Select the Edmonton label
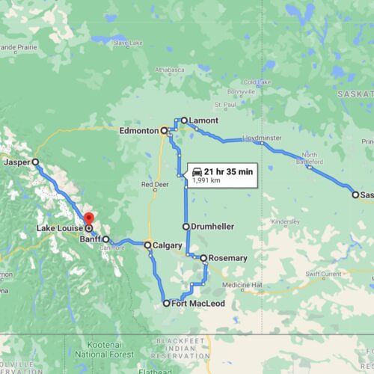[138, 130]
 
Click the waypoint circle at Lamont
[183, 120]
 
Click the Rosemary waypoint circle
[203, 258]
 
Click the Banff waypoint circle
[106, 240]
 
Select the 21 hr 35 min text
[230, 171]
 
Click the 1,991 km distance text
[206, 180]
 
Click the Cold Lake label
[257, 82]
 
